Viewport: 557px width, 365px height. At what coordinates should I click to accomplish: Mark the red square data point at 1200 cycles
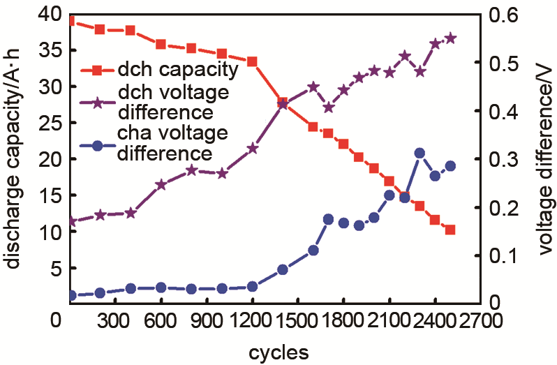(252, 61)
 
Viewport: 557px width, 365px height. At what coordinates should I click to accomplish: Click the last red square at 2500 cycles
(450, 230)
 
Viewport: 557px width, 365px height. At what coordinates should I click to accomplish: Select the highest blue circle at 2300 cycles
(419, 153)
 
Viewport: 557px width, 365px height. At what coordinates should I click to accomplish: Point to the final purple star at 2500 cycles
(450, 38)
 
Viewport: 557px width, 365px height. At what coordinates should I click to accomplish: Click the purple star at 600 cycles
(161, 184)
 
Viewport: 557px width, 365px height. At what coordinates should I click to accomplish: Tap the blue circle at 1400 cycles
(283, 269)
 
